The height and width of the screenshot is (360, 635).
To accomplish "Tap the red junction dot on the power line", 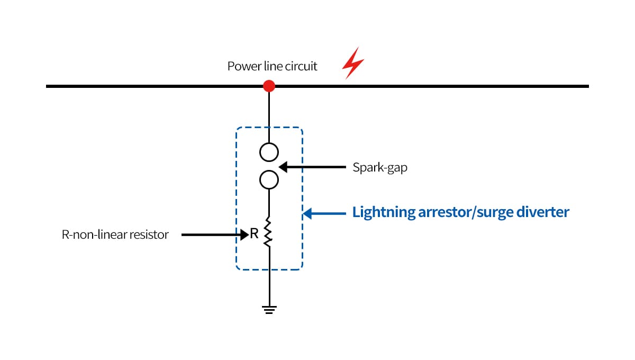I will (x=269, y=86).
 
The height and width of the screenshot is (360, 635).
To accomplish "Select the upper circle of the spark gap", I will (x=269, y=152).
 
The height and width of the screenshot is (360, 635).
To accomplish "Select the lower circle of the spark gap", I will (x=269, y=180).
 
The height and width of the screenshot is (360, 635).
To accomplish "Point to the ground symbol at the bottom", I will (x=269, y=310).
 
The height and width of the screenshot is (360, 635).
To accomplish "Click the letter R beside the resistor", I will (x=254, y=234).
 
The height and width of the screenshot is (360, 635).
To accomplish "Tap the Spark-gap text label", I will (x=380, y=168).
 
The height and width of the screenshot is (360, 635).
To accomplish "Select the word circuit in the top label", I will (x=301, y=67).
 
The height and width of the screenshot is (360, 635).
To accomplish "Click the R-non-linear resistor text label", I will (x=115, y=235).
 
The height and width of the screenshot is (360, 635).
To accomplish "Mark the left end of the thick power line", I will (x=48, y=86).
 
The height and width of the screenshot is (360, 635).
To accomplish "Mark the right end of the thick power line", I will (x=587, y=86).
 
